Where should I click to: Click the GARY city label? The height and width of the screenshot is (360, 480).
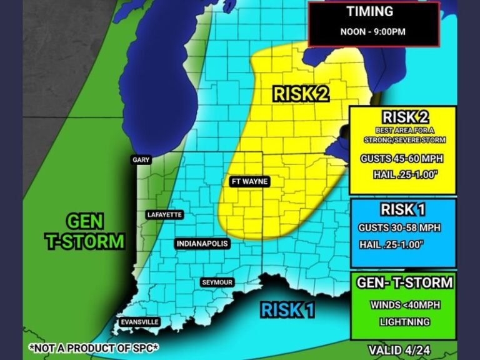(x=141, y=160)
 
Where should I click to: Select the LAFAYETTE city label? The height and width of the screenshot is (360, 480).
(x=164, y=215)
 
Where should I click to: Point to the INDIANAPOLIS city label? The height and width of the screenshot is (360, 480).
(x=202, y=244)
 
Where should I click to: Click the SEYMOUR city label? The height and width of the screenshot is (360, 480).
(x=217, y=282)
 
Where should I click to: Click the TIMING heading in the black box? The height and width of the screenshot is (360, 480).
(x=371, y=12)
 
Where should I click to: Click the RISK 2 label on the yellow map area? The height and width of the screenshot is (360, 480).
(x=301, y=94)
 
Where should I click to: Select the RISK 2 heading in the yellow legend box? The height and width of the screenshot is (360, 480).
(x=402, y=117)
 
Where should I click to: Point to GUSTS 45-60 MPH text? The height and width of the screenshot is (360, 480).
(x=401, y=159)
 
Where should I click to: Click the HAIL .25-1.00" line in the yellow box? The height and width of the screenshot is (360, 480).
(x=401, y=175)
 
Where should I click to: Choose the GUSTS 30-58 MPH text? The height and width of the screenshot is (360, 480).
(x=400, y=228)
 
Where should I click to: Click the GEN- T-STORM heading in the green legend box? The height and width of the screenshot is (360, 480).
(x=404, y=282)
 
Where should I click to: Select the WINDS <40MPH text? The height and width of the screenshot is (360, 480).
(x=404, y=306)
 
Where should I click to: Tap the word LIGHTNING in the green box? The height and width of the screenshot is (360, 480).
(x=404, y=322)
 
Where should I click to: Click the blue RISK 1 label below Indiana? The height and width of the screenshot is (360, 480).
(x=287, y=309)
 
